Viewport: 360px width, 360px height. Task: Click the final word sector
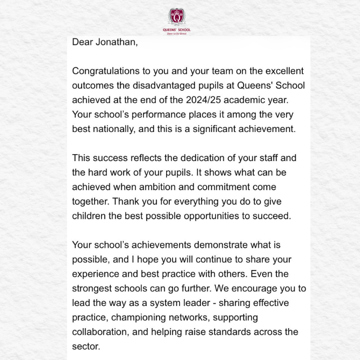pos(86,347)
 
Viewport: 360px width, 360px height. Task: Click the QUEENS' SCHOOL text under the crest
pos(176,30)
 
